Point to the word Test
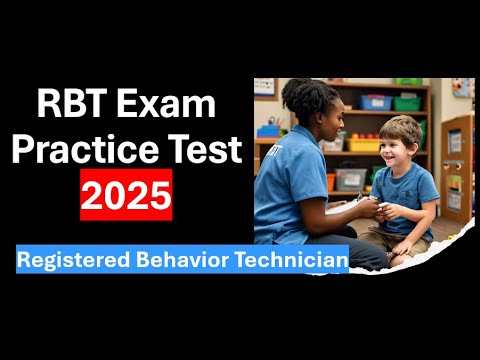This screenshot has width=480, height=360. click(206, 149)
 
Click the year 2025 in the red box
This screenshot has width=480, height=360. click(126, 194)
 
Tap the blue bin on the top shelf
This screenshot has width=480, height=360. click(377, 103)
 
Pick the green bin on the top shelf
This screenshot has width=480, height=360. click(406, 102)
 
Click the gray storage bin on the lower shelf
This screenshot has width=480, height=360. click(350, 179)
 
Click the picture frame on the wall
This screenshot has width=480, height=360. click(264, 87)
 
